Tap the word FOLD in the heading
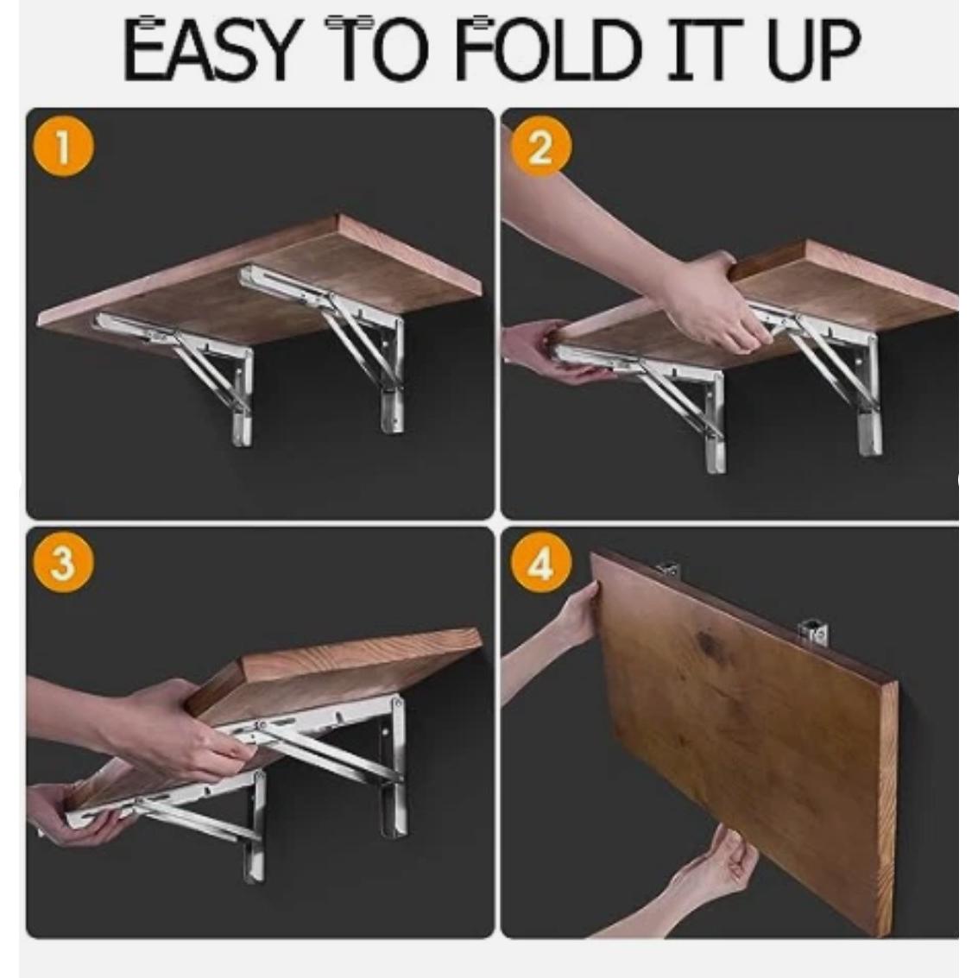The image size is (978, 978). [549, 49]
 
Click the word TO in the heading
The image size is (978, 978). [376, 49]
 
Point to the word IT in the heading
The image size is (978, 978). [705, 49]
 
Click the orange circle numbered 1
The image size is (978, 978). [64, 148]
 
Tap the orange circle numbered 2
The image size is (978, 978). [540, 148]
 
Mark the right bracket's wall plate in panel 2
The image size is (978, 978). [868, 393]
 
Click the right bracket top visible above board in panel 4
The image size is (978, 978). [813, 633]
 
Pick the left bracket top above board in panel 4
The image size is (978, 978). [667, 569]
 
